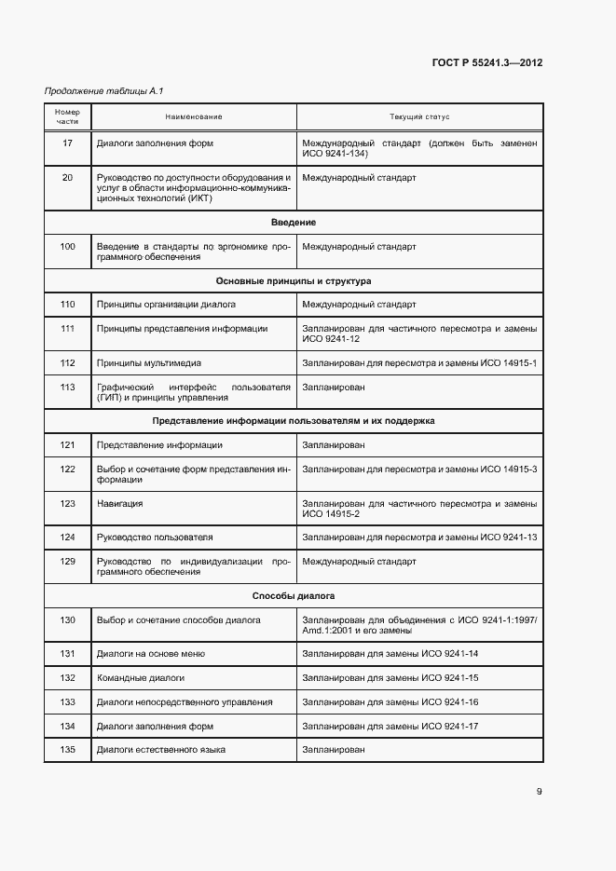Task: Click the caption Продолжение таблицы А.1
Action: pyautogui.click(x=91, y=90)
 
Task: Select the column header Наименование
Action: pyautogui.click(x=194, y=117)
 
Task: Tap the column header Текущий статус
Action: pyautogui.click(x=419, y=117)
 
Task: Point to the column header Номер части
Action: pyautogui.click(x=67, y=117)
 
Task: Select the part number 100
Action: pyautogui.click(x=67, y=247)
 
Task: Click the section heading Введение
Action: pyautogui.click(x=294, y=223)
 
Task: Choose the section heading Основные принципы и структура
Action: pyautogui.click(x=294, y=280)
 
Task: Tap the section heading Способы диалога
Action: pyautogui.click(x=294, y=595)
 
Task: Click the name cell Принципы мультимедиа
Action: pyautogui.click(x=149, y=362)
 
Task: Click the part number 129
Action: pyautogui.click(x=67, y=562)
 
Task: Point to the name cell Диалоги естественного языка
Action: pyautogui.click(x=161, y=750)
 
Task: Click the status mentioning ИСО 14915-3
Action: pyautogui.click(x=419, y=469)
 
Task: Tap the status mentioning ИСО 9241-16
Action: pyautogui.click(x=390, y=701)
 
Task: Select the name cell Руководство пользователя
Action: pyautogui.click(x=155, y=538)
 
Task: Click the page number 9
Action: pyautogui.click(x=539, y=792)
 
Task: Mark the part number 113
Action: pyautogui.click(x=67, y=387)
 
